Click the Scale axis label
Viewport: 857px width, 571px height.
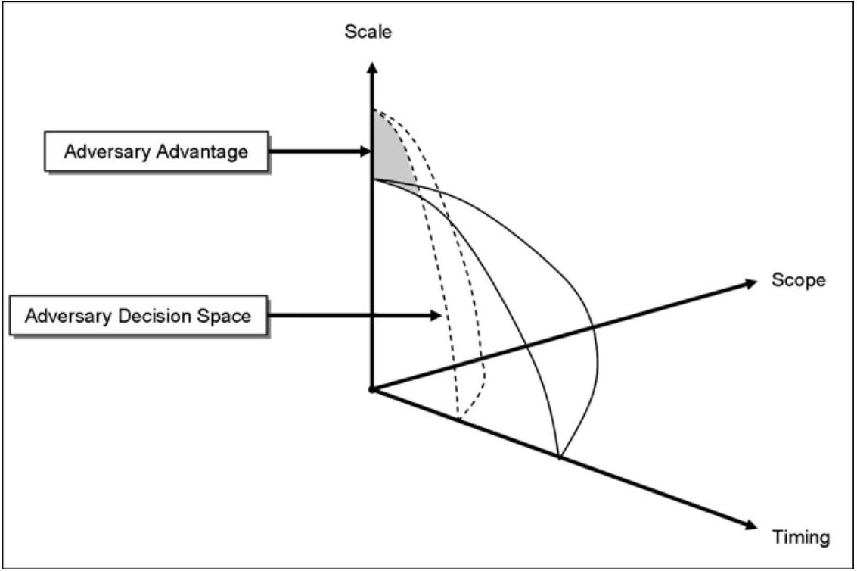pyautogui.click(x=368, y=33)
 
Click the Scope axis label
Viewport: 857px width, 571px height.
pyautogui.click(x=798, y=280)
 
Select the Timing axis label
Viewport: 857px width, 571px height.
pyautogui.click(x=801, y=538)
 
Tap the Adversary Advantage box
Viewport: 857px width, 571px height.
pyautogui.click(x=156, y=151)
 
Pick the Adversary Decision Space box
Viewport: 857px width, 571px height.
pyautogui.click(x=138, y=315)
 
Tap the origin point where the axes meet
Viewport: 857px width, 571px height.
pyautogui.click(x=371, y=389)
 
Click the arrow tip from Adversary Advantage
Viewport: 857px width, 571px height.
pyautogui.click(x=367, y=151)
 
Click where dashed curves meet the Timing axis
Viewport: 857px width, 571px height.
pyautogui.click(x=459, y=418)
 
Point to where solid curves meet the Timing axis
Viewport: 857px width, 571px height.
pyautogui.click(x=559, y=457)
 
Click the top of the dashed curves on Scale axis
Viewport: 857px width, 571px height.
pyautogui.click(x=372, y=111)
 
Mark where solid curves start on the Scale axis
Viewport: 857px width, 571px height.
pyautogui.click(x=372, y=179)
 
